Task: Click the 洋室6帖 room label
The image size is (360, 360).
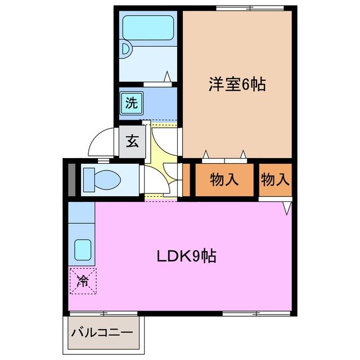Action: (x=237, y=84)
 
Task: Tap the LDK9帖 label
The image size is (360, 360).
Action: (x=186, y=256)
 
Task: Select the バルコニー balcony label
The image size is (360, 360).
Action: (x=102, y=332)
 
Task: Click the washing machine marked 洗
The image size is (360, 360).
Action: (x=132, y=103)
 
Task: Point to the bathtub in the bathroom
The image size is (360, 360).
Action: (x=148, y=28)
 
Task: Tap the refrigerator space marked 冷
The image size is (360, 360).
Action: (x=83, y=281)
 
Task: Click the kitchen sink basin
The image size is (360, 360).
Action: (x=83, y=250)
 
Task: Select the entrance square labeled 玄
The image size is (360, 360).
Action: (x=132, y=142)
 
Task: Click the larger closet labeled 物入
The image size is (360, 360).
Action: (x=224, y=180)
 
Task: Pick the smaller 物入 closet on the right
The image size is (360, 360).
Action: (x=275, y=180)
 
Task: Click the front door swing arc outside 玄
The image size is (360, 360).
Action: (x=98, y=137)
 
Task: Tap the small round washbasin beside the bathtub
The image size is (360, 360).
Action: (x=126, y=49)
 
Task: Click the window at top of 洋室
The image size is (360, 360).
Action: (x=250, y=8)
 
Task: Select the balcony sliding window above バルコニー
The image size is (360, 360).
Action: (x=103, y=313)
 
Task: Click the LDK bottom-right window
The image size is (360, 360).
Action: (x=256, y=313)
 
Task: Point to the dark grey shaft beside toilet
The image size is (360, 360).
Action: (x=72, y=180)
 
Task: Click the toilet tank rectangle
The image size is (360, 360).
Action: (x=89, y=180)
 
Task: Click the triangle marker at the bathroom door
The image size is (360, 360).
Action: (x=167, y=76)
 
